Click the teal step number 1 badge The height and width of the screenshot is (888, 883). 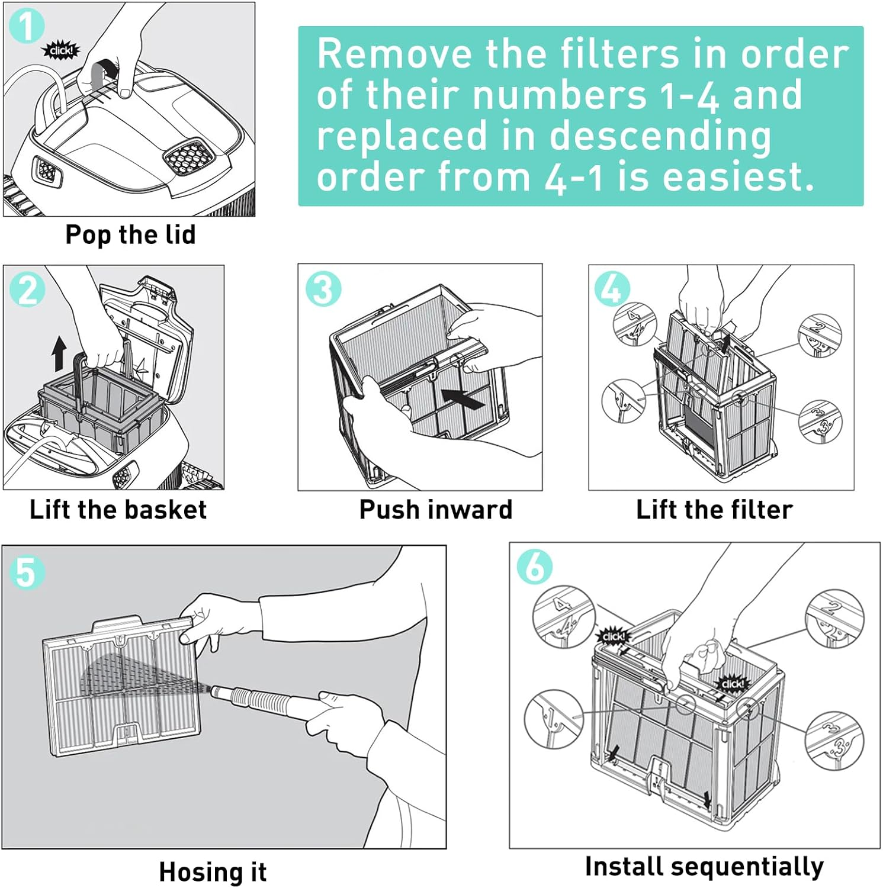click(x=27, y=25)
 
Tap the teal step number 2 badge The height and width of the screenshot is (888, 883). click(x=28, y=290)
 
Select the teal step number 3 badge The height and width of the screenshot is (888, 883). click(x=323, y=289)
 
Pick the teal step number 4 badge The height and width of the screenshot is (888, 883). click(x=612, y=289)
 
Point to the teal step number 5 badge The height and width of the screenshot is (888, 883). click(x=27, y=572)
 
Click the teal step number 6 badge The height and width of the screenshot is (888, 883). click(x=535, y=566)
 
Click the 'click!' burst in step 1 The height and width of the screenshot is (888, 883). click(x=60, y=51)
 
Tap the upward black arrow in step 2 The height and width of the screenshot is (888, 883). click(x=59, y=353)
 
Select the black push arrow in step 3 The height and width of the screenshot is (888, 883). click(x=463, y=398)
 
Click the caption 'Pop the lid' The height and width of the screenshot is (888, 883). click(x=130, y=234)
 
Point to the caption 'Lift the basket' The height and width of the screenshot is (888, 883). click(x=118, y=510)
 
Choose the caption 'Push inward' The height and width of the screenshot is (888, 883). click(x=436, y=510)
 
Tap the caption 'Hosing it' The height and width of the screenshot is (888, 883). click(x=213, y=872)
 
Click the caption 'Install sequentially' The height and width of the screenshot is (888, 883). click(x=704, y=866)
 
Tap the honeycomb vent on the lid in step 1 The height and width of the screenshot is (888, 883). click(x=188, y=157)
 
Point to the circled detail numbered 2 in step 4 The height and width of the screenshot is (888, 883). click(x=820, y=336)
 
